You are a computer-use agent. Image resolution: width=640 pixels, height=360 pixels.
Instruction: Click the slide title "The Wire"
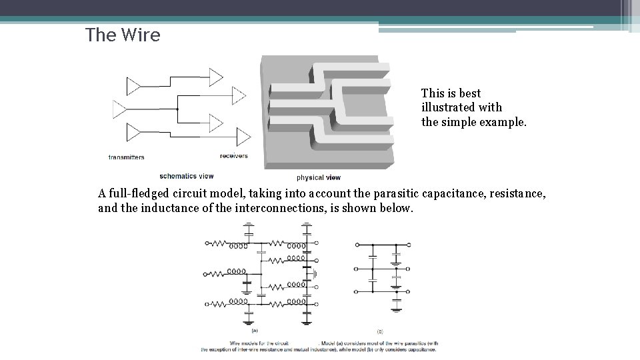pos(123,35)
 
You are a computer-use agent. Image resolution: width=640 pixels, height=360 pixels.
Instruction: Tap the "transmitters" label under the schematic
pos(126,157)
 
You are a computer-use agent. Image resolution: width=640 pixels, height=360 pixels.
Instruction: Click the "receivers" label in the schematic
pos(233,156)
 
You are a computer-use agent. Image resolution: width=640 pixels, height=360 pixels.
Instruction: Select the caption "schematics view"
pos(187,176)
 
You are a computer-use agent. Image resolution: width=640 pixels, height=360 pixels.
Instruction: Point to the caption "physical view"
pos(319,177)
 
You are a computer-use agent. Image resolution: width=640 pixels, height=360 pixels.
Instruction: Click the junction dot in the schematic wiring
pos(177,108)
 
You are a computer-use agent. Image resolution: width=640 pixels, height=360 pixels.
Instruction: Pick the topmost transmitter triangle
pos(133,87)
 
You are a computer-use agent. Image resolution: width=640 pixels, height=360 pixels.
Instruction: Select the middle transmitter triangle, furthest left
pos(119,108)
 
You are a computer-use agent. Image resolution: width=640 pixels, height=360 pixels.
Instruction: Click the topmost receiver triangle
pos(216,76)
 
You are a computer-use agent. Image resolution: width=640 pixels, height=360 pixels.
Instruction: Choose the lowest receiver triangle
pos(243,137)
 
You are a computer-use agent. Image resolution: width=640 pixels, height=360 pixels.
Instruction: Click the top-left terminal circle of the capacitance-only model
pos(357,244)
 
